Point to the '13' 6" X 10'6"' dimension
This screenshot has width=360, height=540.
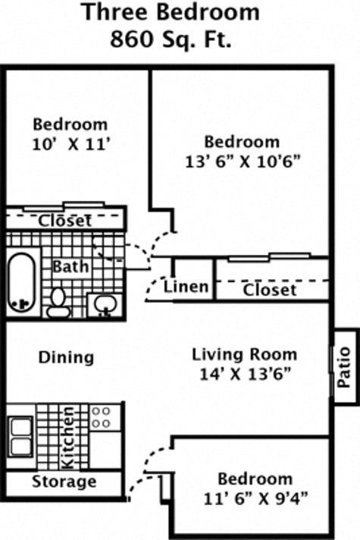[x=242, y=161]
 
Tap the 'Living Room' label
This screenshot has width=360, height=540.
[x=244, y=354]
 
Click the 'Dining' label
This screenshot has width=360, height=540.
[x=66, y=357]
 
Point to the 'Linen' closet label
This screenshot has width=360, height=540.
[x=186, y=287]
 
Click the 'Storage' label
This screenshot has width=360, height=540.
[x=64, y=482]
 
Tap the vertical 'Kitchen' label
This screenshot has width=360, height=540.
[x=68, y=438]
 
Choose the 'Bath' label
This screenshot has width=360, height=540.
[x=70, y=267]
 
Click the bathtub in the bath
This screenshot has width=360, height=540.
[x=22, y=281]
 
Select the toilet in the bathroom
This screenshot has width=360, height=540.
[x=58, y=301]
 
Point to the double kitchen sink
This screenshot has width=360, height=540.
[x=21, y=437]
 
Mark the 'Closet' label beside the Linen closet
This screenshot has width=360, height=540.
[x=270, y=290]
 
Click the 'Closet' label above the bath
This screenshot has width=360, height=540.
[x=65, y=221]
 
